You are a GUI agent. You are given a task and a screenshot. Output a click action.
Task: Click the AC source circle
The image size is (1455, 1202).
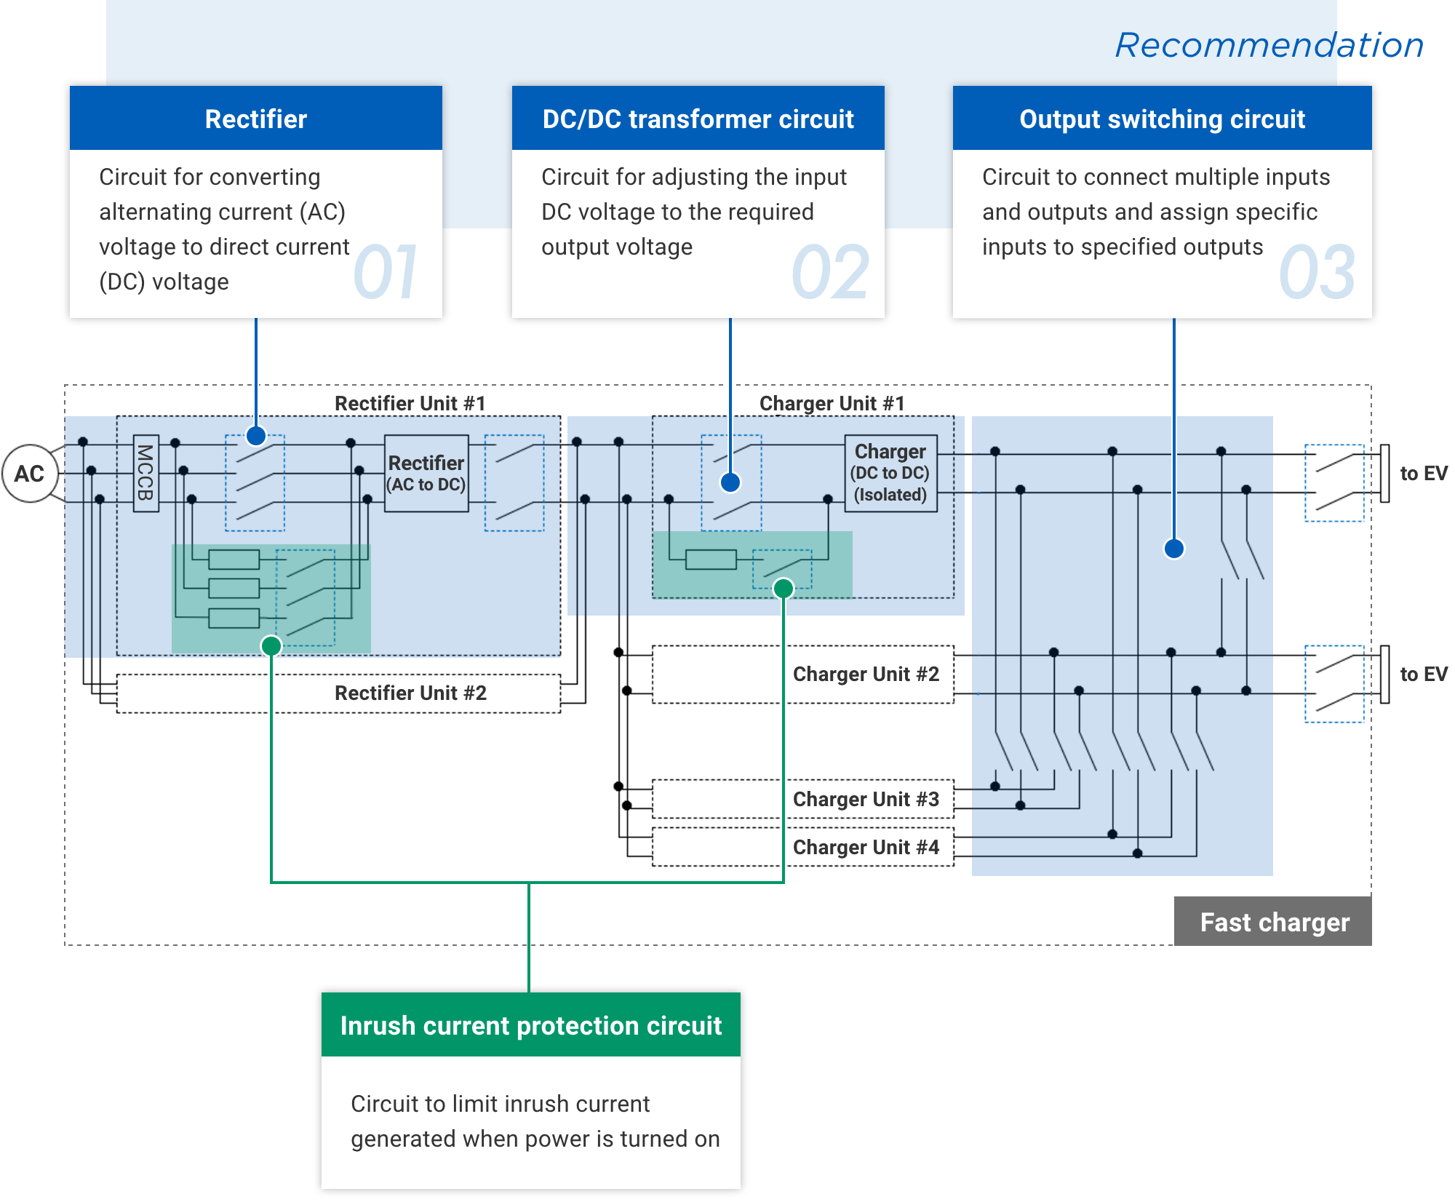tap(31, 474)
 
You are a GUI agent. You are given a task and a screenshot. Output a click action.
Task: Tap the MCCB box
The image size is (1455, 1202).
tap(145, 474)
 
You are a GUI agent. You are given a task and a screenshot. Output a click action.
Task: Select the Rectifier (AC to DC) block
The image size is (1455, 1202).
tap(426, 474)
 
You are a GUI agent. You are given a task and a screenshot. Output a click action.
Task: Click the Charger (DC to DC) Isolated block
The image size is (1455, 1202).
tap(890, 474)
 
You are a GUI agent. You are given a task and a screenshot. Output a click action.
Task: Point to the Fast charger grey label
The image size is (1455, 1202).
tap(1273, 922)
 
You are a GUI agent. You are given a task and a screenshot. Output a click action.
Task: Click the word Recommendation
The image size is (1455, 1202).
tap(1269, 45)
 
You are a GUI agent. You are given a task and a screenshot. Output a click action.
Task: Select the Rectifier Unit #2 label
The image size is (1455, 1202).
tap(410, 693)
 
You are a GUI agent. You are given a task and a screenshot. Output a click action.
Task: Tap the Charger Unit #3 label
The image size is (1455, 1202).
tap(866, 799)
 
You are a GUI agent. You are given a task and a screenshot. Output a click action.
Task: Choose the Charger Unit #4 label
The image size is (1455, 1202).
tap(866, 847)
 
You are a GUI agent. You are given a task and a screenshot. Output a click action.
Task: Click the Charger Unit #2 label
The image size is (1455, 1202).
tap(866, 674)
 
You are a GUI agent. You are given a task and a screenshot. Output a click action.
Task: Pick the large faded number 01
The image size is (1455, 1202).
tap(386, 272)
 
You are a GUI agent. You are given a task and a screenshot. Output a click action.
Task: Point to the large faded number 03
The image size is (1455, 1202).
tap(1318, 272)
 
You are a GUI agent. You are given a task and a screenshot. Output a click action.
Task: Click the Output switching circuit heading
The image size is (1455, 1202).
tap(1163, 119)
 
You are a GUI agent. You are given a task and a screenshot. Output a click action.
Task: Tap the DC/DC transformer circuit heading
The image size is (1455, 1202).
tap(698, 119)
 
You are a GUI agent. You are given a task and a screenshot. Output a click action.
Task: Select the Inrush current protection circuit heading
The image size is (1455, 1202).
tap(531, 1025)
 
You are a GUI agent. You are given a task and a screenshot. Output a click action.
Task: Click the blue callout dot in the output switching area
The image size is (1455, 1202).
tap(1174, 548)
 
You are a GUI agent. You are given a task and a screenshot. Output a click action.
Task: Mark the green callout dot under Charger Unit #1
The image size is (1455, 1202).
tap(784, 588)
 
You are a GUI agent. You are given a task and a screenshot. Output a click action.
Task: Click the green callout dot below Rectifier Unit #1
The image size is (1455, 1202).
tap(271, 645)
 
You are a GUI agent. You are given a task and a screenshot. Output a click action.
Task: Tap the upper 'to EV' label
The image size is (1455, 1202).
tap(1424, 474)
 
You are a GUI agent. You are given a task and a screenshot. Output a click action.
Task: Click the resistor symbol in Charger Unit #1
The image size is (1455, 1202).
tap(711, 560)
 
